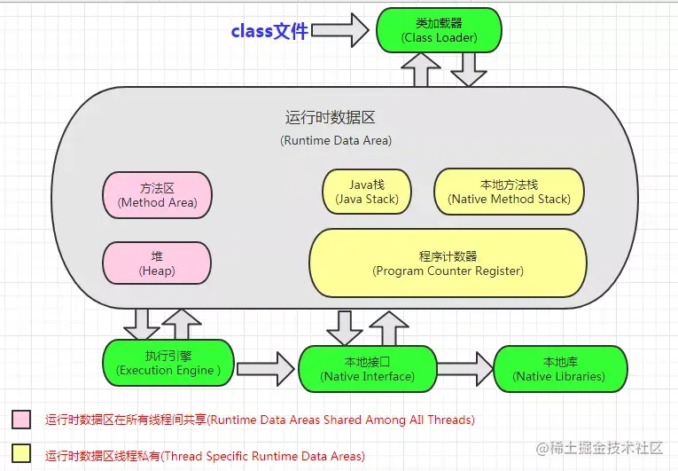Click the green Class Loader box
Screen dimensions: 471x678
(439, 30)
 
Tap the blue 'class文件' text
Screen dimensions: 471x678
(269, 31)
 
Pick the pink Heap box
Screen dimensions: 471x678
(157, 263)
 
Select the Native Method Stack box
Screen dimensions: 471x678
(509, 192)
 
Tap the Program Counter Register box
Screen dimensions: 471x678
(448, 263)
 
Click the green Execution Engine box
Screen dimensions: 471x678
(166, 363)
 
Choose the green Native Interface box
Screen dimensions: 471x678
(367, 369)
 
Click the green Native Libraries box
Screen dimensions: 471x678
(560, 369)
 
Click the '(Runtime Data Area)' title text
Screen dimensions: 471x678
(336, 140)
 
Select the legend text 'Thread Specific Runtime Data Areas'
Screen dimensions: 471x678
(205, 456)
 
